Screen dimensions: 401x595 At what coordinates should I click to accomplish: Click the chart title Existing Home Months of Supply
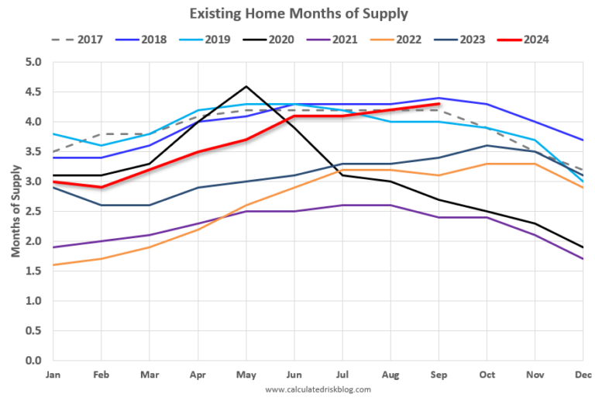pos(298,13)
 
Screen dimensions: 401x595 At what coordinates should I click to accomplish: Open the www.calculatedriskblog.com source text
pos(318,389)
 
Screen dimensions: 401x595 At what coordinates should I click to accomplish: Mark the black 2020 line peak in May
pos(246,86)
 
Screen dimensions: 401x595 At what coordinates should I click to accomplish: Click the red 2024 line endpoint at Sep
pos(439,104)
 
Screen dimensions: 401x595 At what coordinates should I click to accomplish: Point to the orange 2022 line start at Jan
pos(53,265)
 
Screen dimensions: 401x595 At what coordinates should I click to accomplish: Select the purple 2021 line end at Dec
pos(583,259)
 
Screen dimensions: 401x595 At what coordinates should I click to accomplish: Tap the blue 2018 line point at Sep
pos(439,98)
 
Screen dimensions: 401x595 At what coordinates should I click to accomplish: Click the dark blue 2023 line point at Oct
pos(487,146)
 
